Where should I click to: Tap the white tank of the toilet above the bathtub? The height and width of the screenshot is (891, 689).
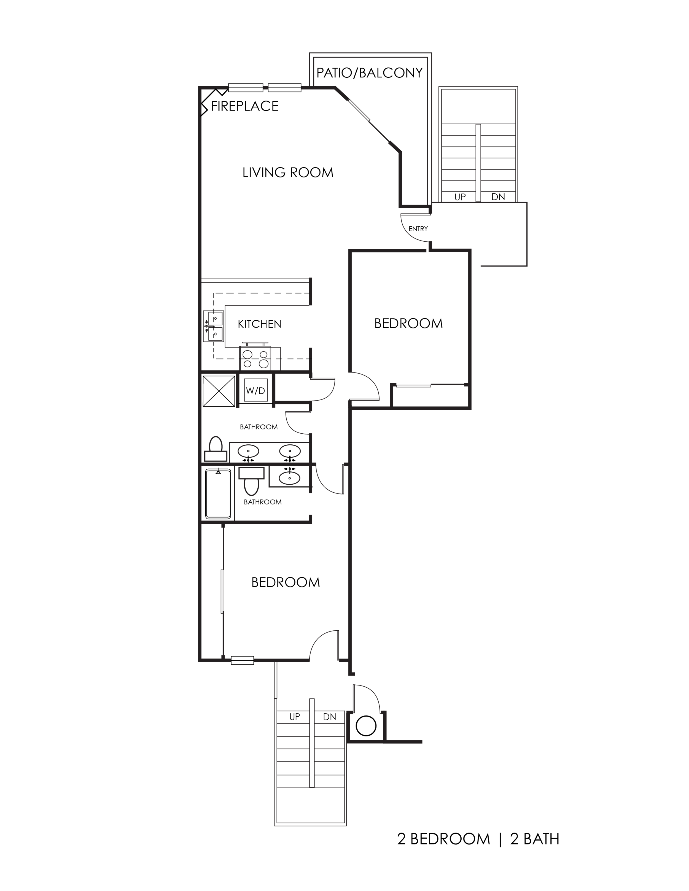point(216,456)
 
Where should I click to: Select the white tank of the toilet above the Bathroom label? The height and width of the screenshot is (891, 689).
point(251,473)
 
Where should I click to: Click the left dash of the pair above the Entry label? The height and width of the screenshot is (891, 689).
point(465,198)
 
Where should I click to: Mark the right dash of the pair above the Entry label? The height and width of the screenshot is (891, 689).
point(503,198)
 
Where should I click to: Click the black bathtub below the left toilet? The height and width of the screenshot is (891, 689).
point(218,495)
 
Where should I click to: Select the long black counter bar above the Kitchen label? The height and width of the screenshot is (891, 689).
point(261,299)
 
